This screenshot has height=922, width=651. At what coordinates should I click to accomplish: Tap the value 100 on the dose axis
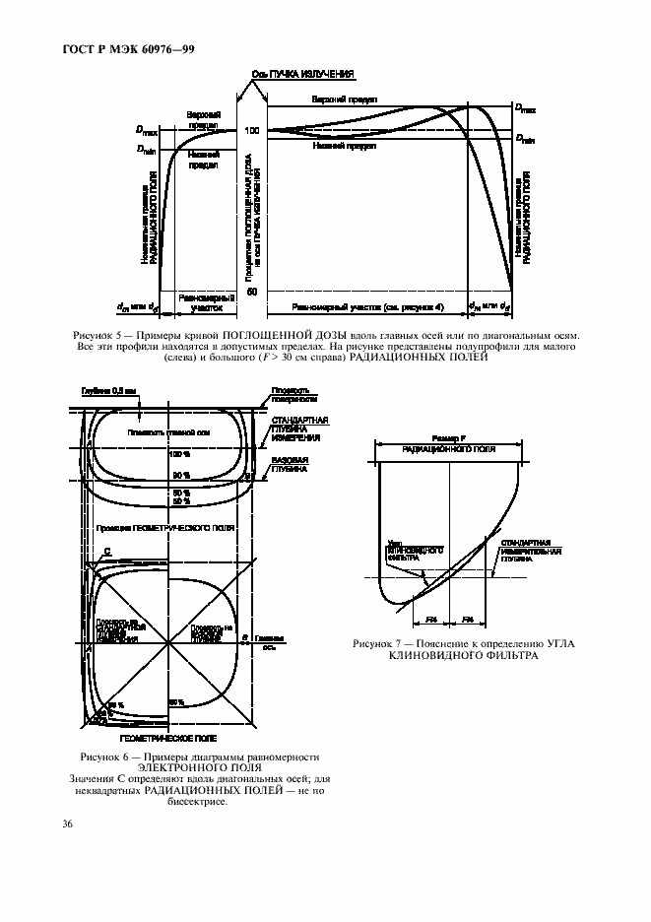click(x=251, y=131)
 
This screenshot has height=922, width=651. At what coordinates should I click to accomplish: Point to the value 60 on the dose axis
click(x=251, y=292)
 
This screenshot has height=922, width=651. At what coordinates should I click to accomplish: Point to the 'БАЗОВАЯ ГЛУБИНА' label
click(x=290, y=465)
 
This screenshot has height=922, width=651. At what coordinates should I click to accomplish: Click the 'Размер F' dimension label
click(x=448, y=436)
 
